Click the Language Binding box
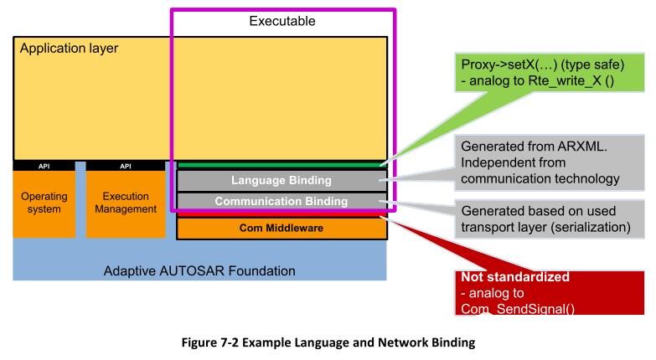tap(282, 180)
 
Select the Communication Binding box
tap(282, 201)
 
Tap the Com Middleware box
tap(282, 228)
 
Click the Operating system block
tap(44, 203)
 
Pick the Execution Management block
tap(126, 203)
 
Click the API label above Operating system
tap(44, 166)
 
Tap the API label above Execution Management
tap(126, 166)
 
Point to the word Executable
tap(282, 21)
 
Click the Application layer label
tap(69, 49)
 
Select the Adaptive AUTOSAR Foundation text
tap(199, 271)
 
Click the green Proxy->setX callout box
tap(550, 72)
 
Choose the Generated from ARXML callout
tap(550, 162)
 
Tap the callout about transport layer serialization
tap(550, 219)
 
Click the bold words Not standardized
tap(515, 277)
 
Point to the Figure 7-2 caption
tap(328, 342)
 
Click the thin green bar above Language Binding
tap(282, 166)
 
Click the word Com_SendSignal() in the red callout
tap(518, 309)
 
